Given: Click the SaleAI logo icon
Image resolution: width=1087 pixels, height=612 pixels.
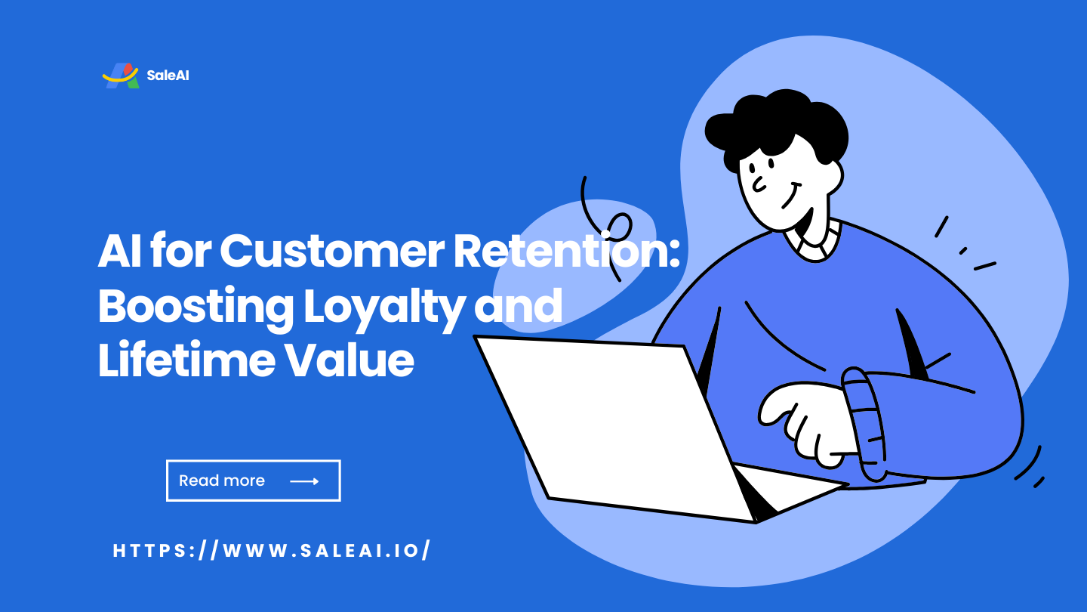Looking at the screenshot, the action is pyautogui.click(x=121, y=76).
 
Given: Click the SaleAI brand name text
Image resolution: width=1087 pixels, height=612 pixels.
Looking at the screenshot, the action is pyautogui.click(x=168, y=76).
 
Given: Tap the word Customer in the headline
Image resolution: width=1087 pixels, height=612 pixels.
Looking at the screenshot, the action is pyautogui.click(x=332, y=252).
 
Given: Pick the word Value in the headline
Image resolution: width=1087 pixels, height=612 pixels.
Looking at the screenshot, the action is pyautogui.click(x=350, y=360).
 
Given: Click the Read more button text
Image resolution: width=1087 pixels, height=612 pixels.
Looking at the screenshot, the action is pyautogui.click(x=222, y=481).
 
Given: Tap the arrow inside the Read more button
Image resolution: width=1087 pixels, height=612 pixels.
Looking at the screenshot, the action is pyautogui.click(x=304, y=481).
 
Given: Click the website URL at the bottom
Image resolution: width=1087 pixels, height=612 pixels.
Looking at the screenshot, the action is pyautogui.click(x=272, y=551).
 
